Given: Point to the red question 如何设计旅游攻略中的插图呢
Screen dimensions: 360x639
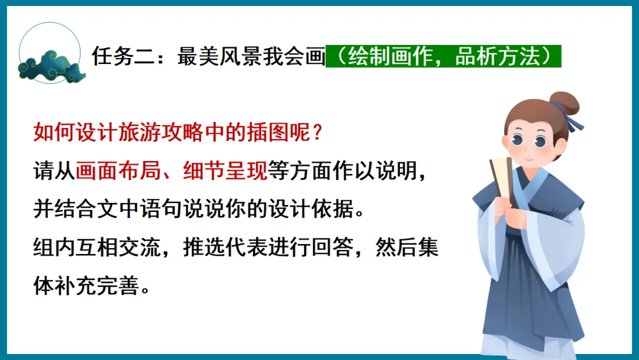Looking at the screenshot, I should click(x=177, y=132).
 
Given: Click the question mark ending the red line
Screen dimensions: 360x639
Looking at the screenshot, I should click(x=317, y=132).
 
